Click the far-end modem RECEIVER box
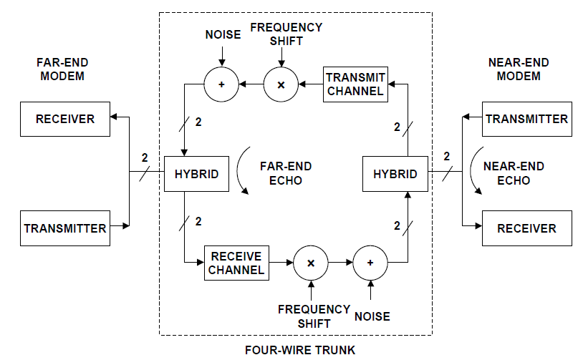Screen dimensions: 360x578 click(65, 119)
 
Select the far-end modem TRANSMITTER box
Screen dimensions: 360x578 click(65, 228)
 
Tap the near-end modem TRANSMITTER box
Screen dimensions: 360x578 click(526, 119)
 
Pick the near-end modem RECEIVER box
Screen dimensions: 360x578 click(526, 228)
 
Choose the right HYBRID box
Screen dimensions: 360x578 click(395, 174)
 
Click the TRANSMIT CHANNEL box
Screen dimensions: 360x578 click(355, 84)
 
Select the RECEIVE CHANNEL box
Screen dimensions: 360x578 click(236, 263)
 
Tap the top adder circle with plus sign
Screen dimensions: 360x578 click(222, 84)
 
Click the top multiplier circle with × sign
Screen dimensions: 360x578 click(281, 84)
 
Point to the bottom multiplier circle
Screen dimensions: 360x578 click(311, 263)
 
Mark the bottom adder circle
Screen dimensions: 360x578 click(370, 263)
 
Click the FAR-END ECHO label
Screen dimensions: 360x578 click(286, 173)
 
